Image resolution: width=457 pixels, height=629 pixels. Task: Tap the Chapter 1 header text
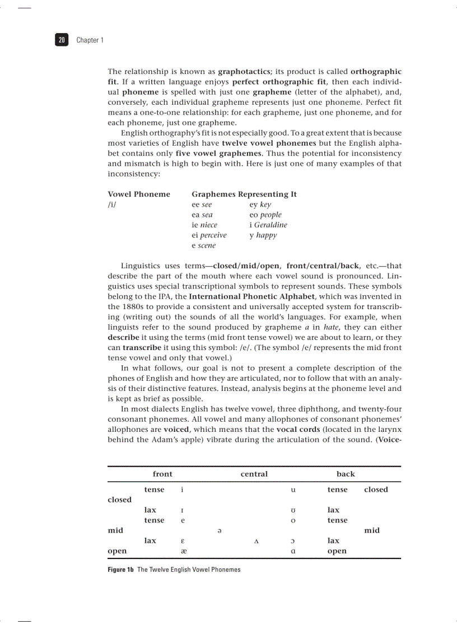[x=90, y=40]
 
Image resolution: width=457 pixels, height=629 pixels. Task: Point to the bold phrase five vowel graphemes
[x=218, y=153]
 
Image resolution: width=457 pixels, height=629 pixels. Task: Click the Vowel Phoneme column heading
[x=138, y=194]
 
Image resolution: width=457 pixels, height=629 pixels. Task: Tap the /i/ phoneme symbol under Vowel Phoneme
[x=112, y=204]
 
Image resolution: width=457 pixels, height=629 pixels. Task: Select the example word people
[x=271, y=215]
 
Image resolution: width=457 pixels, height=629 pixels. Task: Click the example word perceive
[x=213, y=235]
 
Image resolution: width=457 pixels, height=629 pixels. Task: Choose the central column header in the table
[x=254, y=474]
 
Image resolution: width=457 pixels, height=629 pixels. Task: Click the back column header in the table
[x=346, y=474]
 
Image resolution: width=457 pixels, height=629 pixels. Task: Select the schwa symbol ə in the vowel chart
[x=218, y=530]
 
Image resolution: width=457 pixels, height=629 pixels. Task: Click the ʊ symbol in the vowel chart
[x=293, y=510]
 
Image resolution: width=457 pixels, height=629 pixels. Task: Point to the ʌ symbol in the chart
[x=256, y=541]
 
